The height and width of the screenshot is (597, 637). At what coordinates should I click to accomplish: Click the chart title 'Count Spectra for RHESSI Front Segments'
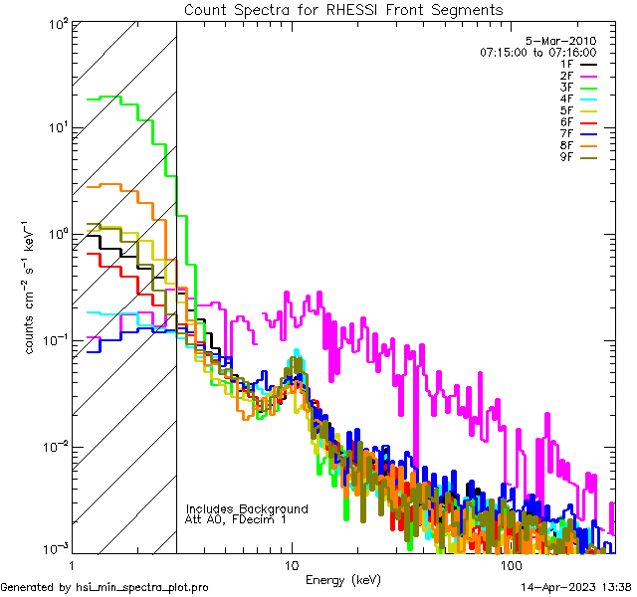tap(344, 9)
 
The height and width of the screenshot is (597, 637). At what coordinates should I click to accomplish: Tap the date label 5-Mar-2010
tap(560, 41)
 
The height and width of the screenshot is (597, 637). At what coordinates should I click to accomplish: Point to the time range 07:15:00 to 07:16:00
tap(537, 52)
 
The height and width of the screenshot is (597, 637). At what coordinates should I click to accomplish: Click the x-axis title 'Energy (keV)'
tap(344, 580)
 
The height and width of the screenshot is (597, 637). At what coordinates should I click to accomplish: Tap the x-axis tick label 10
tap(291, 564)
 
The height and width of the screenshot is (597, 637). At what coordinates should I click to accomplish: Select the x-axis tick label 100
tap(510, 564)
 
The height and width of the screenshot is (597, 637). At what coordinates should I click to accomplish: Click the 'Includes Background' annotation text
tap(247, 508)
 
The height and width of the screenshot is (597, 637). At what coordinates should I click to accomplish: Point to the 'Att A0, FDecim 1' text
tap(236, 519)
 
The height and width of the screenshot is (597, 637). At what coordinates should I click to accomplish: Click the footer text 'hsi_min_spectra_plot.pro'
tap(142, 588)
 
